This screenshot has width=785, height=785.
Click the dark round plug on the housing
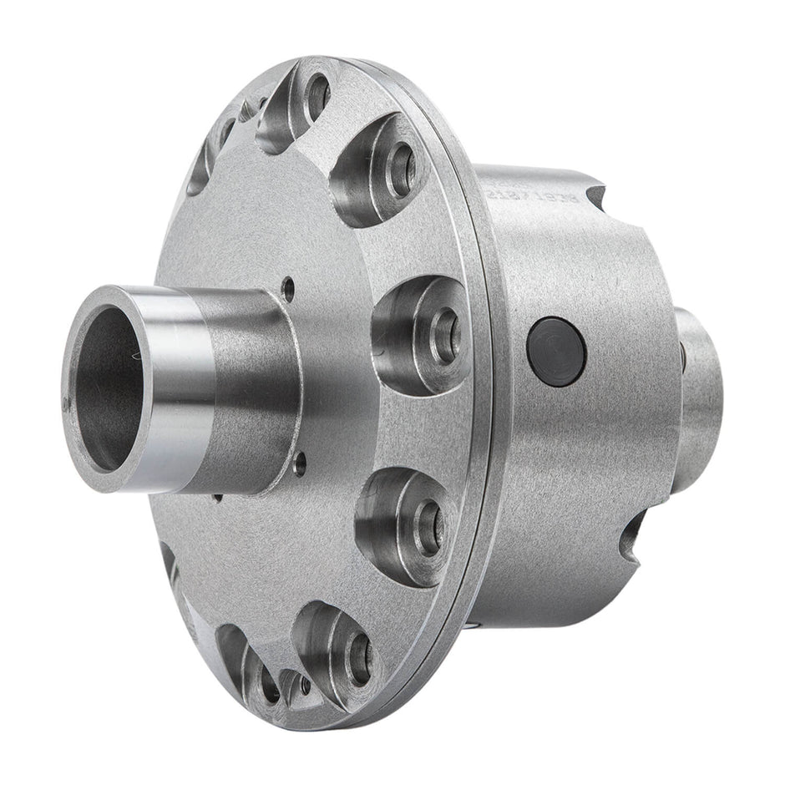pyautogui.click(x=556, y=352)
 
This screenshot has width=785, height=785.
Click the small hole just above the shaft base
pyautogui.click(x=289, y=290)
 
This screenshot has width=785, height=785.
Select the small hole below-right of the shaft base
pyautogui.click(x=300, y=462)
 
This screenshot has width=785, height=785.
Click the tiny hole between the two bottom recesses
pyautogui.click(x=306, y=685)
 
